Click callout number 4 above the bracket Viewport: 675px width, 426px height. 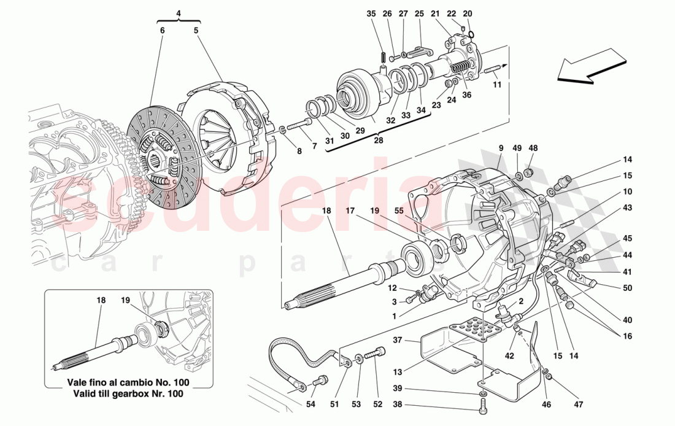[x=178, y=13]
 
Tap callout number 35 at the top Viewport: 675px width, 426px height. [x=371, y=14]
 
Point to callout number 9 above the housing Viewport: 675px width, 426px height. [x=501, y=148]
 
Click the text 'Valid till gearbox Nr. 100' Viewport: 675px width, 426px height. [x=129, y=393]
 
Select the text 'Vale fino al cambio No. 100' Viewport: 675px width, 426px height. [x=129, y=382]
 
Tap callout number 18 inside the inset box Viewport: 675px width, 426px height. [x=101, y=301]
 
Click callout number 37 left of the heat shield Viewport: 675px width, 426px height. [x=398, y=339]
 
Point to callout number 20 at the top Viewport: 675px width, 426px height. [x=468, y=14]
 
